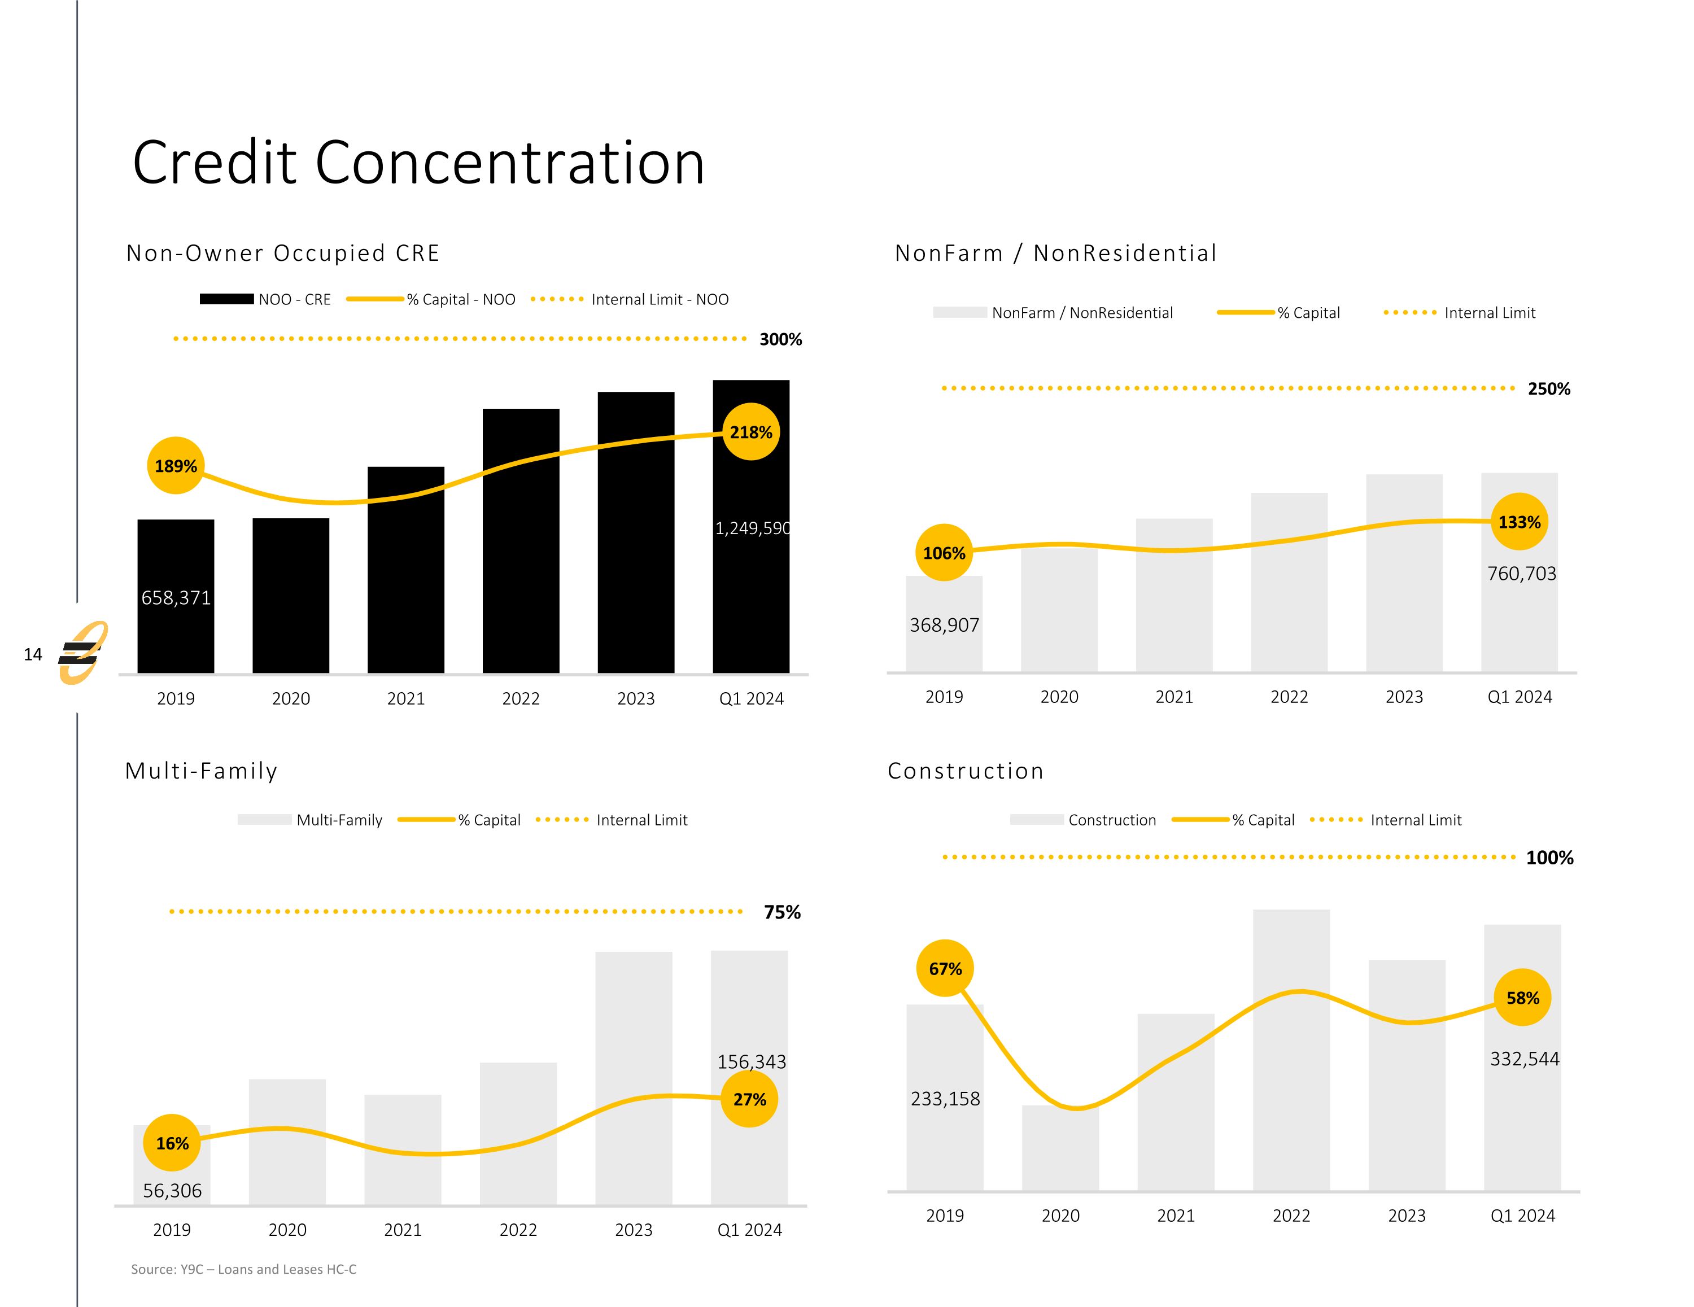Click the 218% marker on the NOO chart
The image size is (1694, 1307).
pos(751,432)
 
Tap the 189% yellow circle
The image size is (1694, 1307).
pos(176,465)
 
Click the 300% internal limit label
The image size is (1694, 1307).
pos(780,339)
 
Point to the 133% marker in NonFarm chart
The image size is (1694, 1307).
pos(1519,522)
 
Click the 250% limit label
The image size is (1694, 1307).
pos(1548,388)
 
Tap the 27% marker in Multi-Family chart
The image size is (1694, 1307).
pos(749,1099)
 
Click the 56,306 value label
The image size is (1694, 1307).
pos(172,1191)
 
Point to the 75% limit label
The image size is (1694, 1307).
pos(782,912)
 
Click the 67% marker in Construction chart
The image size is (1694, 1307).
pos(945,969)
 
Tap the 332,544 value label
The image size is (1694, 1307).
pos(1524,1059)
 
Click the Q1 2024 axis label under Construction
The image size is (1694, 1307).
pos(1522,1216)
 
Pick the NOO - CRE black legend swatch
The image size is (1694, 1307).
pos(226,299)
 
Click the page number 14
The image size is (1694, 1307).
pos(33,655)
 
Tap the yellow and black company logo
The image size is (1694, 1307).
pos(83,653)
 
